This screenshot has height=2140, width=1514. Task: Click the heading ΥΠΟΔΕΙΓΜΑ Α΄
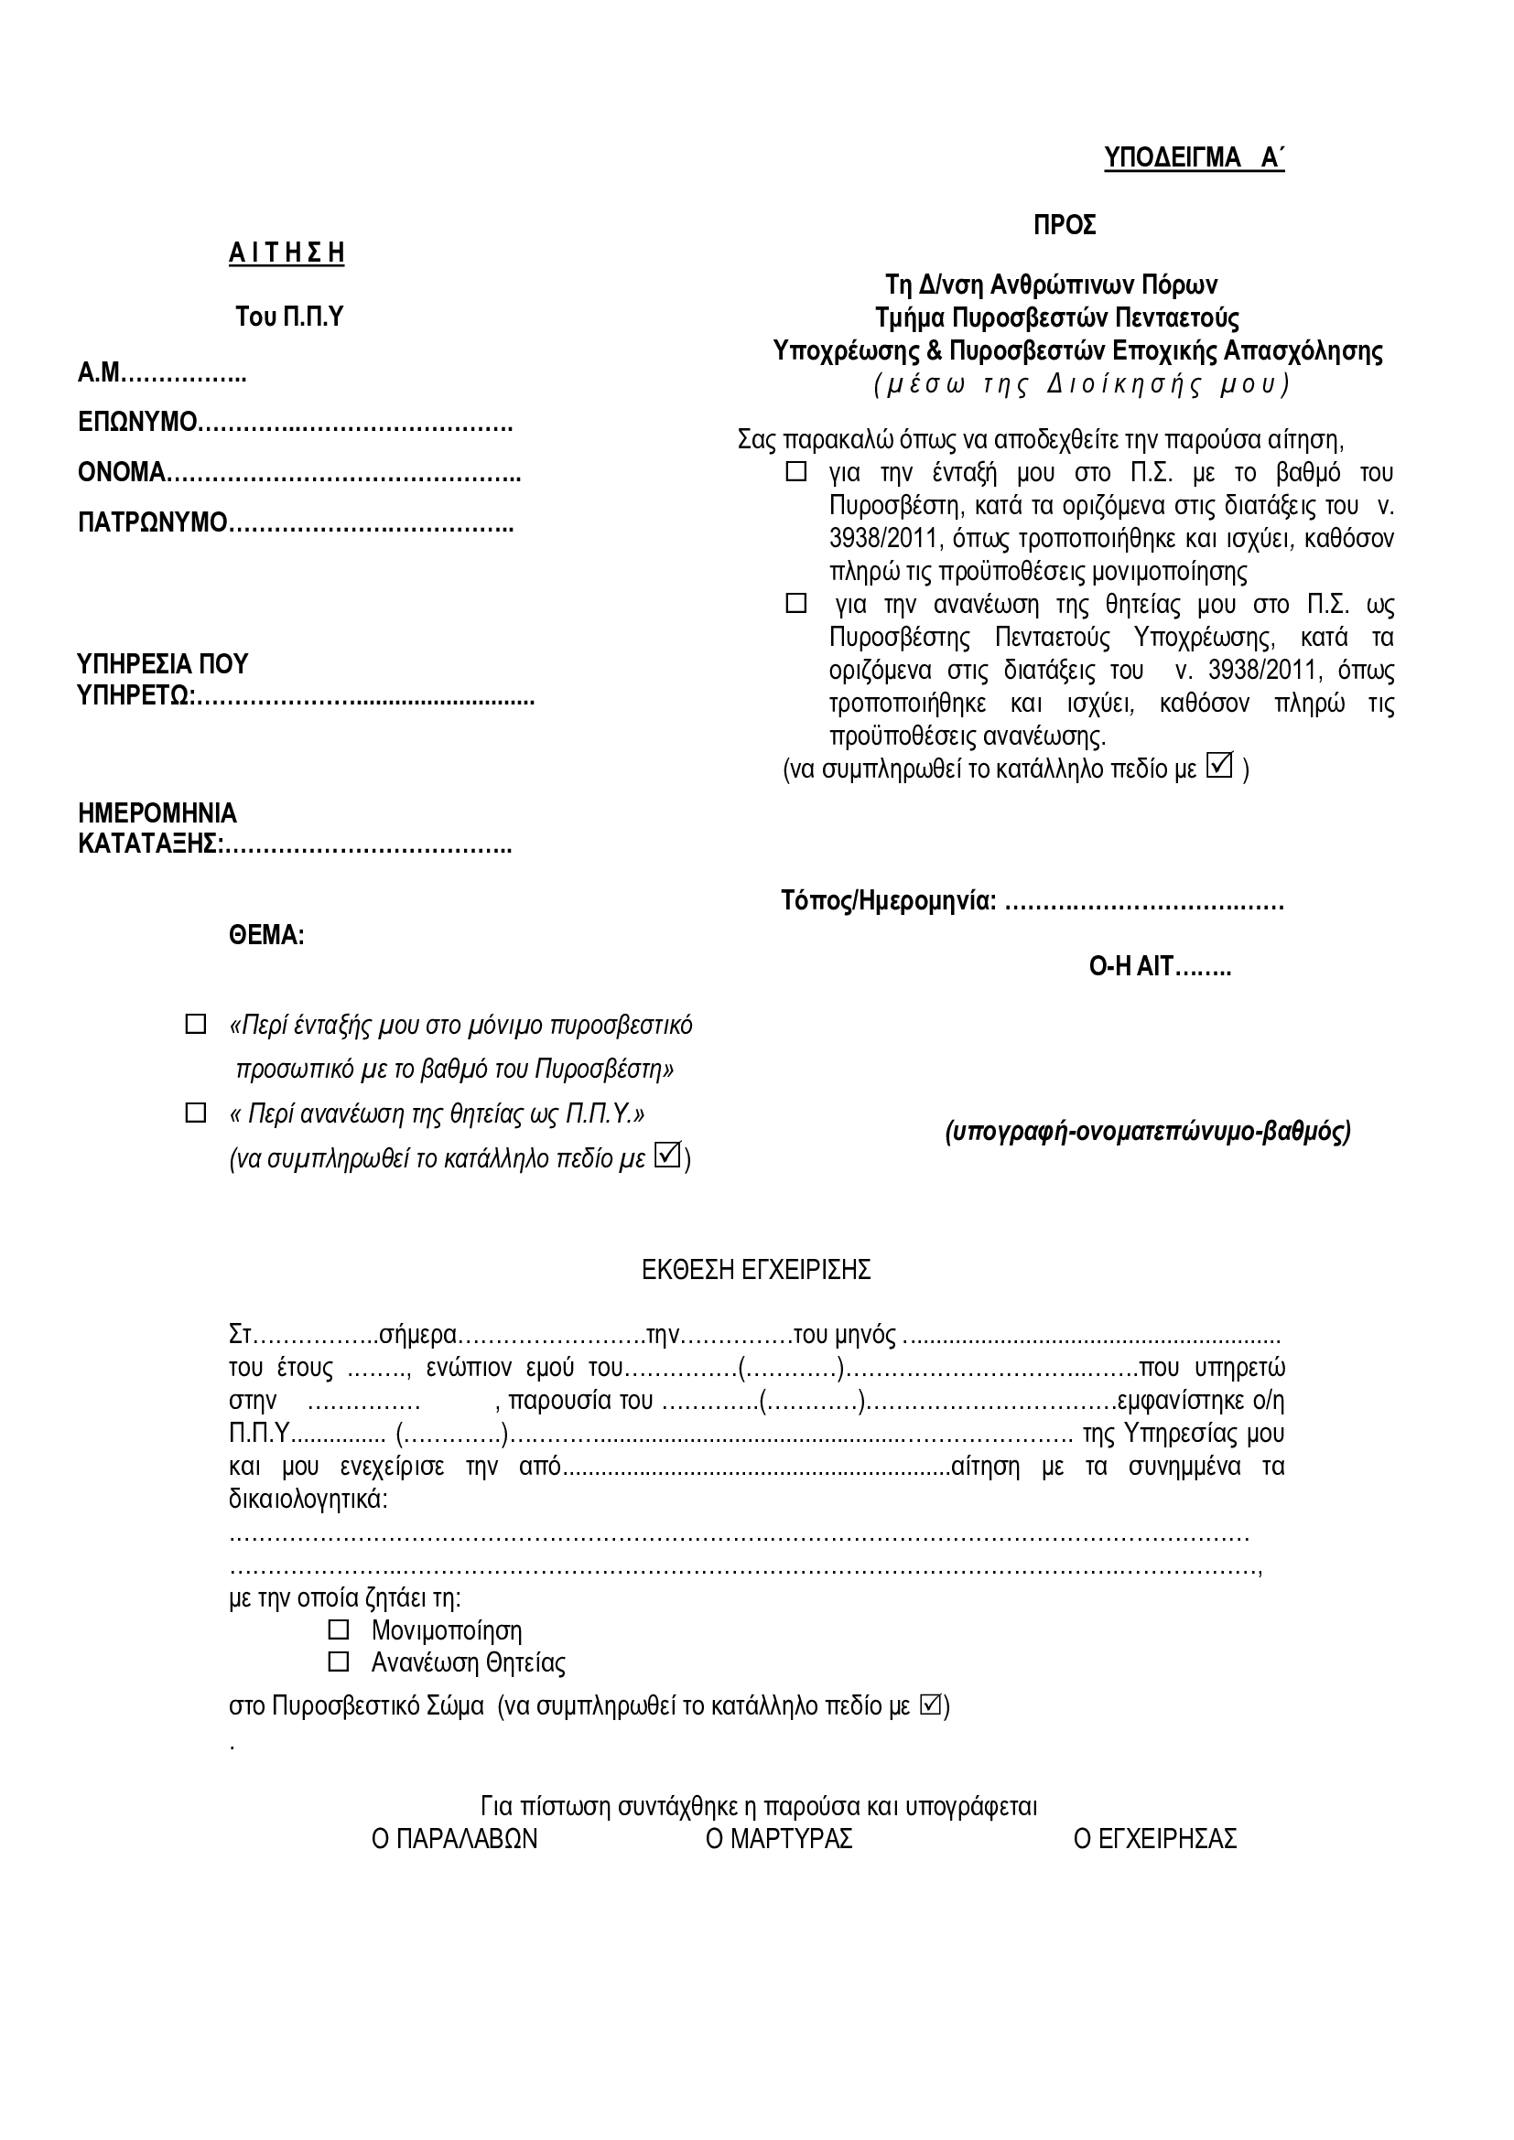click(1194, 158)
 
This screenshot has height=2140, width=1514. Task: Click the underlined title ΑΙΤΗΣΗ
click(287, 253)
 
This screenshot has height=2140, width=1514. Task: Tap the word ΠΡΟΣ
click(1064, 226)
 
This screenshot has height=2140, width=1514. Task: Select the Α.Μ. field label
click(100, 374)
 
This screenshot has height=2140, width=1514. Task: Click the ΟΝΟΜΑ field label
click(122, 471)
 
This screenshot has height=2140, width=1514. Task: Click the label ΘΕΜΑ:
click(266, 935)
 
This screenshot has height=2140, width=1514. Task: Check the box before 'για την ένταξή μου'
click(796, 471)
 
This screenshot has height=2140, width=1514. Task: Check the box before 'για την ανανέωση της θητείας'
click(796, 604)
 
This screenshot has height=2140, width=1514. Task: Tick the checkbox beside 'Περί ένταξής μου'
click(196, 1025)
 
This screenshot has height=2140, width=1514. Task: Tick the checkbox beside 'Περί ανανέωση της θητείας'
click(196, 1113)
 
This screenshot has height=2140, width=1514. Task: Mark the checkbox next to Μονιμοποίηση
click(339, 1629)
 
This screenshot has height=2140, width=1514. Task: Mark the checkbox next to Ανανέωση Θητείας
click(339, 1661)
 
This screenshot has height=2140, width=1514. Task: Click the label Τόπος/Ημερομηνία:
click(889, 901)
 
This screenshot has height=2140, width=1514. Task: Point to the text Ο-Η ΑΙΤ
click(1130, 966)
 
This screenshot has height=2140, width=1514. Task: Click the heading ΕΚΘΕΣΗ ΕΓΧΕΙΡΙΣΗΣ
click(756, 1270)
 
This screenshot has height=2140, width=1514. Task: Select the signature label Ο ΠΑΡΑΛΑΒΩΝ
click(454, 1839)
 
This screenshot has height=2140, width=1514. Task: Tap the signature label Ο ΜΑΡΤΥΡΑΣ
click(779, 1839)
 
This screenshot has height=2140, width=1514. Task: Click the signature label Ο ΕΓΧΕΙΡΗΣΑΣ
click(1155, 1839)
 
